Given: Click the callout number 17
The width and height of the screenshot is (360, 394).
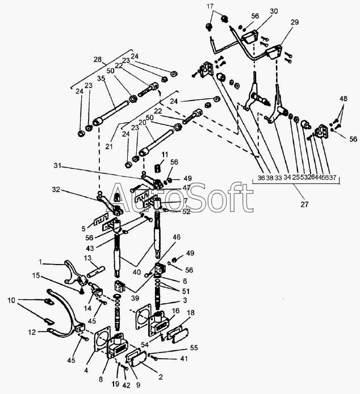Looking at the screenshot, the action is coord(211,6).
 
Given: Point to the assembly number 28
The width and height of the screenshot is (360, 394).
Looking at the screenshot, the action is coord(98,60).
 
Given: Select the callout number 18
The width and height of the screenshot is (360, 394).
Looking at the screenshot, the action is coord(191,312).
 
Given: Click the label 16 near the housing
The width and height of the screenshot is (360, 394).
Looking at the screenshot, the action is coord(176,311).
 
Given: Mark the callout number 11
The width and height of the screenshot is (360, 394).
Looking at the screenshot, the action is coord(164,154).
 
